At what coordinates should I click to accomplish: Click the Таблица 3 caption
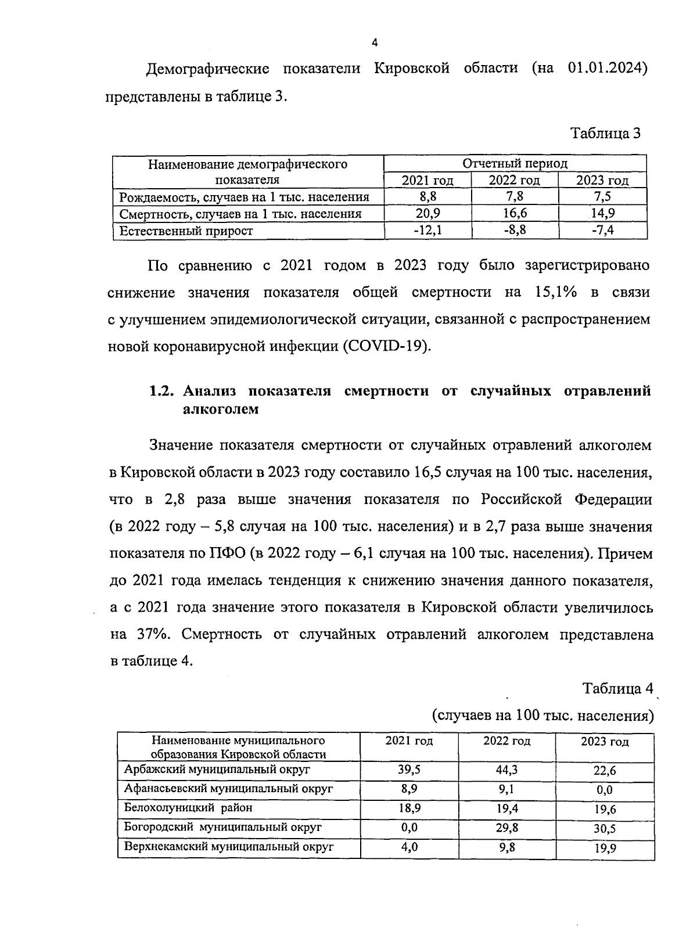point(606,134)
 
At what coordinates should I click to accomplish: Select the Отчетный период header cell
point(515,164)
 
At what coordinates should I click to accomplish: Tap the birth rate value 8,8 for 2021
point(427,197)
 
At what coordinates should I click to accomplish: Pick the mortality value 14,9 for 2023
point(602,213)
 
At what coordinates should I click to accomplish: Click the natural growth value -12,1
point(427,230)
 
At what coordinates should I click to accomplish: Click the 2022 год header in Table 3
point(514,181)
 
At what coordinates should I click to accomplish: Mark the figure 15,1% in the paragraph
point(552,293)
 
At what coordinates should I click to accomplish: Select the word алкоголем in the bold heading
point(220,409)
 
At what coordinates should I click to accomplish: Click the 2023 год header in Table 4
point(605,742)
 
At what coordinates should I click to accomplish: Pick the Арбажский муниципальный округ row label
point(217,770)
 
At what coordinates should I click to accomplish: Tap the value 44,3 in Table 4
point(507,770)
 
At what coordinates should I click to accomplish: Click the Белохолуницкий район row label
point(188,808)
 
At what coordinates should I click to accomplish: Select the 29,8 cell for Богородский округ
point(507,827)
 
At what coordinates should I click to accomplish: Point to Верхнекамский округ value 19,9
point(605,848)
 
